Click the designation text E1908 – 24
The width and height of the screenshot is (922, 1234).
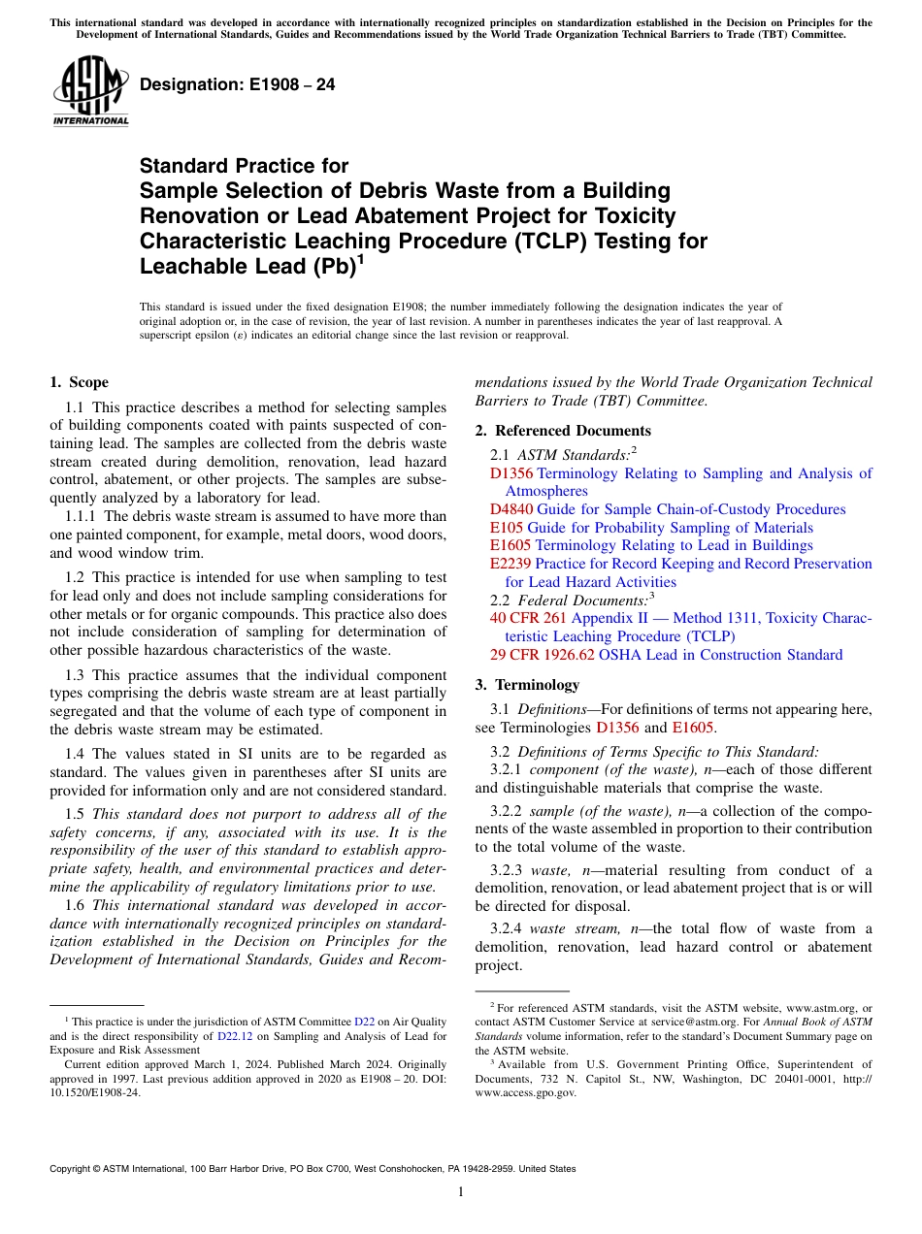click(238, 84)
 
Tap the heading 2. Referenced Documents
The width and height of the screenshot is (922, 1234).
click(563, 431)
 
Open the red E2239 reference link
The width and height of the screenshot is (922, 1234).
click(510, 564)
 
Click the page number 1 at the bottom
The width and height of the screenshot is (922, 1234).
click(461, 1192)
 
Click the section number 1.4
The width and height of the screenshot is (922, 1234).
click(76, 754)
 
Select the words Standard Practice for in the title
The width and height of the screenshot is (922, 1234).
click(244, 166)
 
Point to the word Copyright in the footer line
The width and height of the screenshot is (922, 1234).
click(73, 1169)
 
